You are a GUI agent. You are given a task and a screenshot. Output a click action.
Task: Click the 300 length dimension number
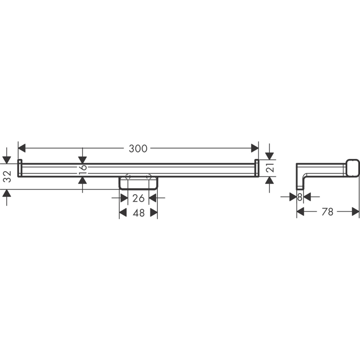pos(138,149)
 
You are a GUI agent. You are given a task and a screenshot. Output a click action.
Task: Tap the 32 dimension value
pos(7,177)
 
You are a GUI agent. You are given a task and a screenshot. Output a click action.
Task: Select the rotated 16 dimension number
pos(83,170)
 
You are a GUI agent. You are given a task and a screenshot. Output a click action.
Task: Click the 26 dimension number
pos(138,198)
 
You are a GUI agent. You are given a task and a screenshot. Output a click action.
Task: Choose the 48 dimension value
pos(138,213)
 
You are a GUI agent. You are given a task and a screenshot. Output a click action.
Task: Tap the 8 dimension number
pos(300,197)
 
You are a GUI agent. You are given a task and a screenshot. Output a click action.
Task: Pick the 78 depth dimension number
pos(327,212)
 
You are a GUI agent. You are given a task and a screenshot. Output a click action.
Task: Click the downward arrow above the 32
pos(7,159)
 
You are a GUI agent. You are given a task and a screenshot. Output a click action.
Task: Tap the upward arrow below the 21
pos(269,181)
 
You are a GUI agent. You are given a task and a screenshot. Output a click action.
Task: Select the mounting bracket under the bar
pos(138,183)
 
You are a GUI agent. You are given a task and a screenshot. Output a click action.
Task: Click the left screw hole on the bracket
pos(127,177)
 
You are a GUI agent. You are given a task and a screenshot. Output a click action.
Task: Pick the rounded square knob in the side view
pos(352,167)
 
